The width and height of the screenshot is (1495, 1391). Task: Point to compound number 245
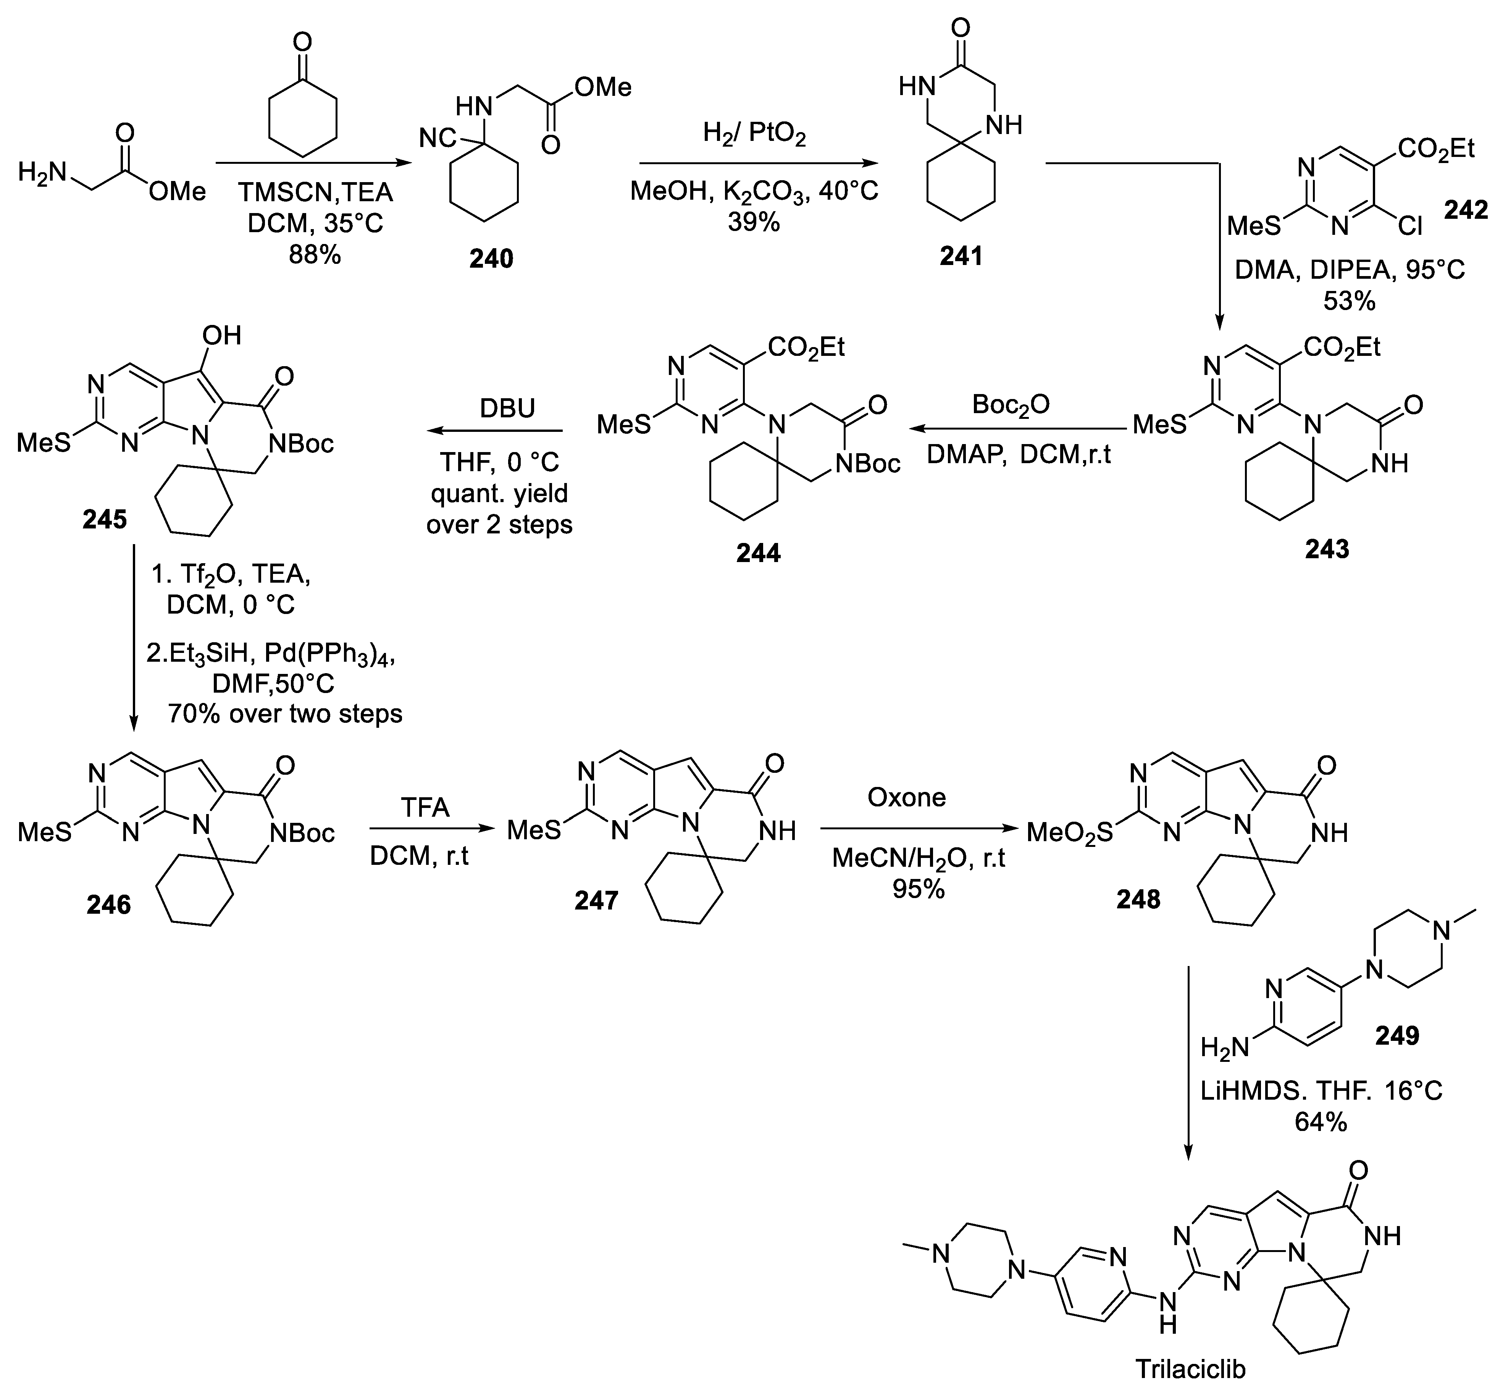click(x=105, y=519)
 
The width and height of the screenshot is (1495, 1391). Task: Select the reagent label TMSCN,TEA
click(x=316, y=192)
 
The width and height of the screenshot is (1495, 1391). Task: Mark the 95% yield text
click(x=918, y=889)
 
